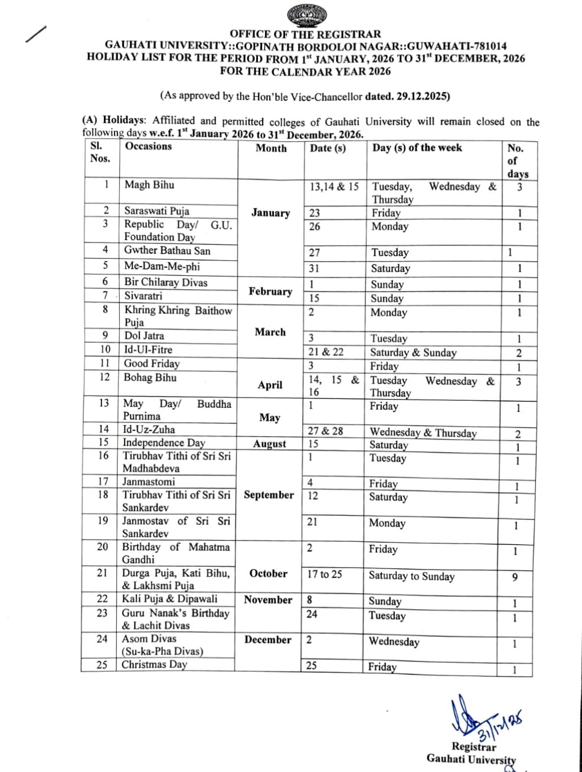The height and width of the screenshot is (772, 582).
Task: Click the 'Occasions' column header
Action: coord(148,146)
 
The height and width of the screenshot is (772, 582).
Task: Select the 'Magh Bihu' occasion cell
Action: coord(149,185)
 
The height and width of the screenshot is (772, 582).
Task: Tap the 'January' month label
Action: coord(270,213)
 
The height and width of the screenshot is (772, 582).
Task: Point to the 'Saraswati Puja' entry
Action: coord(156,211)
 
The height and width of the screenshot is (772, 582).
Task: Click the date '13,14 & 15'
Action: coord(334,187)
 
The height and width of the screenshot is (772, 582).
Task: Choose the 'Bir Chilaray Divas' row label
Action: coord(166,283)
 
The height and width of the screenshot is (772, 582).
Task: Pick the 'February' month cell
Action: coord(270,292)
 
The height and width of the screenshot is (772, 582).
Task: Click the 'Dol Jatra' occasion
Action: coord(144,336)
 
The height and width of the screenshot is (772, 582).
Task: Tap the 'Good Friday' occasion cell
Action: coord(152,364)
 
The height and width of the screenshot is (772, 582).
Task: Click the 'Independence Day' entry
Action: coord(164,443)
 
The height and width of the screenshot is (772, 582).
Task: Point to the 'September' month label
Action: coord(269,495)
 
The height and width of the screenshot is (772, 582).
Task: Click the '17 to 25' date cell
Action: coord(324,574)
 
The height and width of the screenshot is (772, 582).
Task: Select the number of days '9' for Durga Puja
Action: coord(515,577)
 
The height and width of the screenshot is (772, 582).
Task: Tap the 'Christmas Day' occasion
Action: coord(154,665)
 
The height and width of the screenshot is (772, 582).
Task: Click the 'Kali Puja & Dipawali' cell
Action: coord(169,599)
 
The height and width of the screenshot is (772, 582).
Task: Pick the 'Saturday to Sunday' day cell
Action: coord(411,576)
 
